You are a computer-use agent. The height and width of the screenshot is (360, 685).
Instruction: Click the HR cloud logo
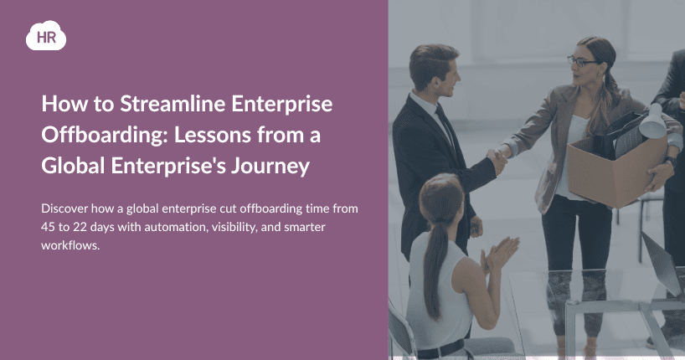click(46, 35)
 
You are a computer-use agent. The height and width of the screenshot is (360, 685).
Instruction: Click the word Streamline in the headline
click(173, 104)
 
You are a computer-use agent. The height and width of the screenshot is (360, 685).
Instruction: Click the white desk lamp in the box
click(653, 121)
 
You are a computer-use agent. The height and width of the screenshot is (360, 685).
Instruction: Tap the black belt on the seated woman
click(441, 349)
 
